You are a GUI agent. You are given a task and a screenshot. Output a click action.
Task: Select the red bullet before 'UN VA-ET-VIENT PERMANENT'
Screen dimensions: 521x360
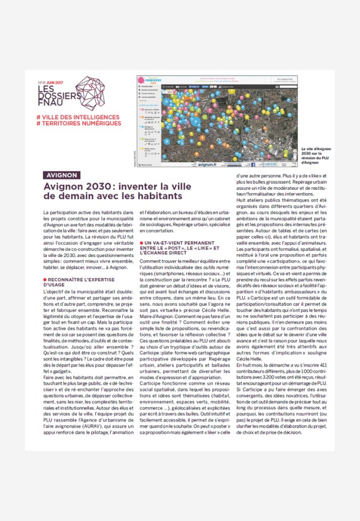click(x=142, y=242)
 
